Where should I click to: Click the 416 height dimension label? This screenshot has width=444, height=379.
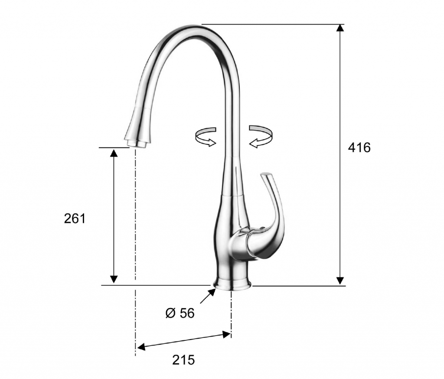coord(359,147)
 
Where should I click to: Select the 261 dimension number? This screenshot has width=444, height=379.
coord(75,219)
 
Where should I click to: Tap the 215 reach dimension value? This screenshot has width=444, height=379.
coord(183,360)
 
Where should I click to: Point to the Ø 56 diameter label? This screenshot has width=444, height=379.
coord(180,313)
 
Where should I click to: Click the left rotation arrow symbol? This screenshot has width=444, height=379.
coord(206,137)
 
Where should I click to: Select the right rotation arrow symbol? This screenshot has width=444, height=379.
coord(261,136)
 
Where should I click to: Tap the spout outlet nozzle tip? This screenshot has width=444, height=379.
coord(137,144)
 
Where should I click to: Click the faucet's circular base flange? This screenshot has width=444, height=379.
coord(232,284)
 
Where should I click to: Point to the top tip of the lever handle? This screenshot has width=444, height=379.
coord(266,174)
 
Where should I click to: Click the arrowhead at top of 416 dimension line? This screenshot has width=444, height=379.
coord(340,27)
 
